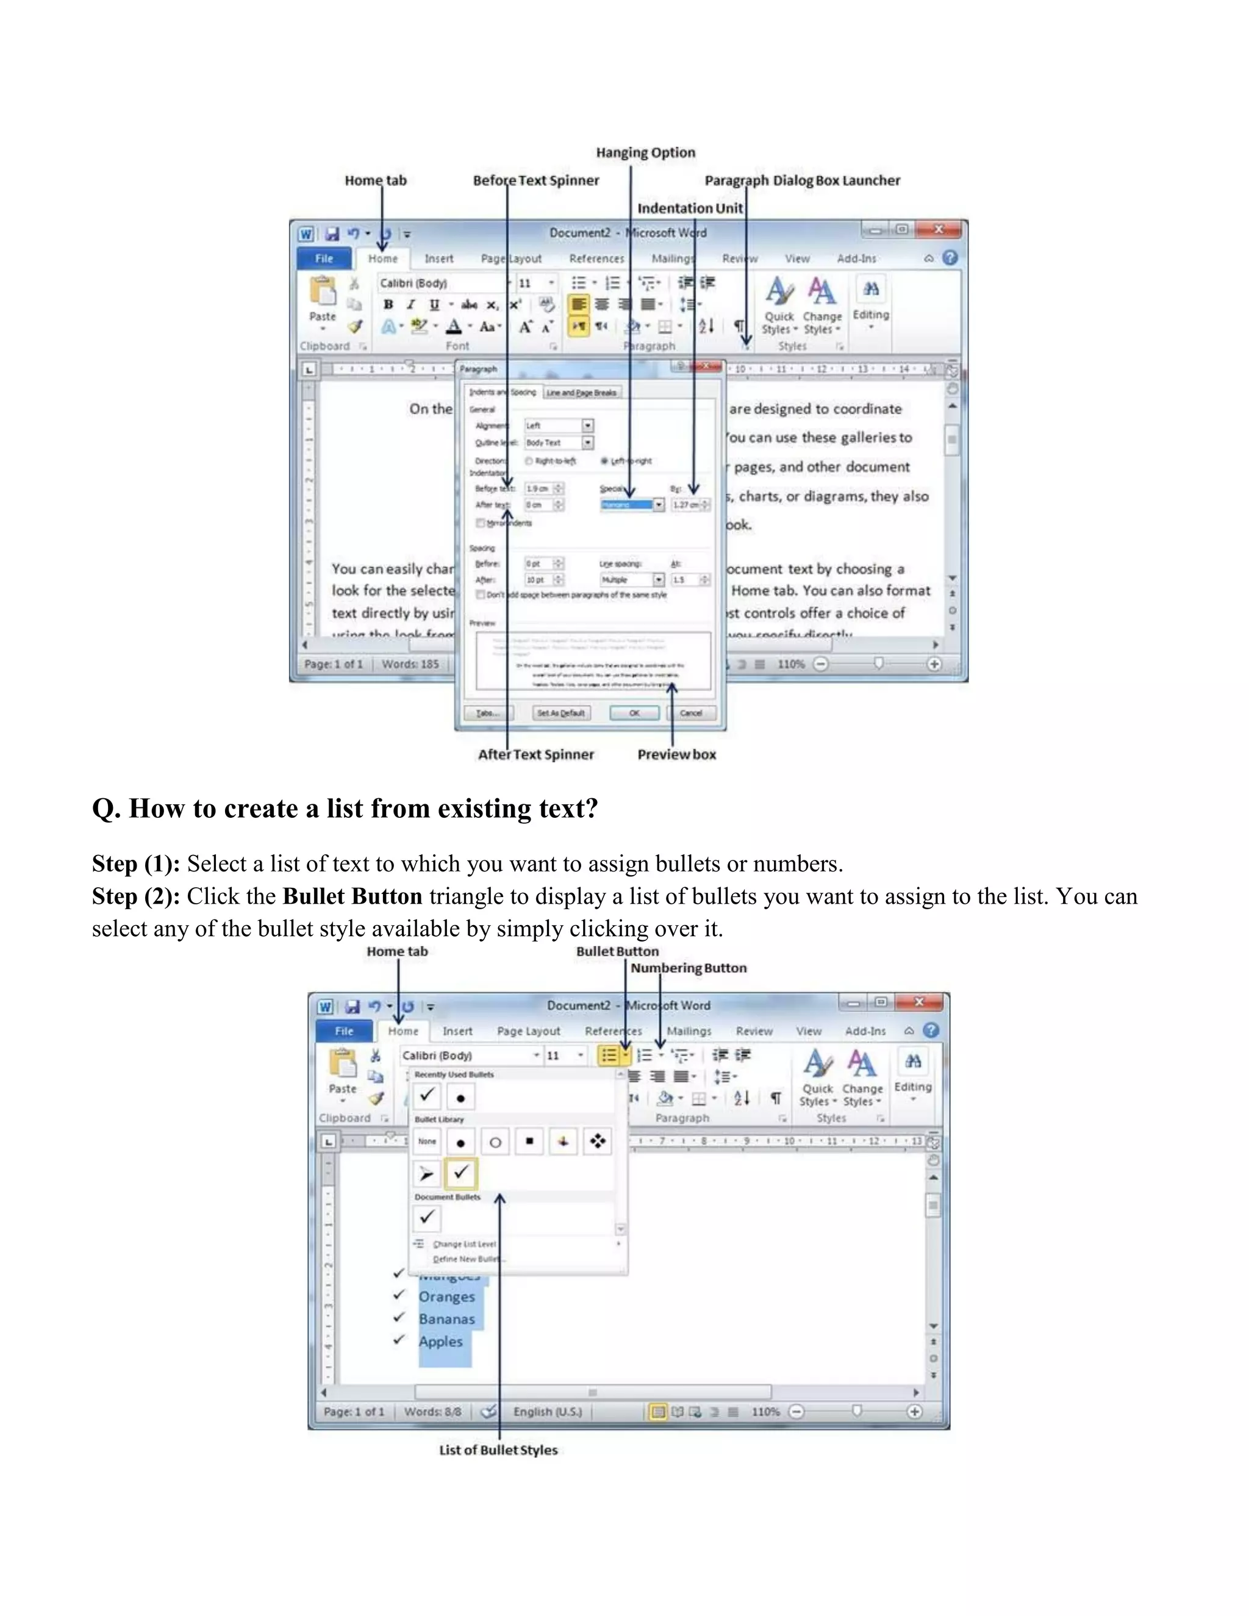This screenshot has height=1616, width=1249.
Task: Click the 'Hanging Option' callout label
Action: coord(645,152)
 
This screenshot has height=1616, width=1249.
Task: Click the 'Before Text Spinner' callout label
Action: coord(535,181)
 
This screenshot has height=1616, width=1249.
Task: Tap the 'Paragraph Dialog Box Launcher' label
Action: coord(802,181)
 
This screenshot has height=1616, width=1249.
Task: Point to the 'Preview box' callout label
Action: coord(676,755)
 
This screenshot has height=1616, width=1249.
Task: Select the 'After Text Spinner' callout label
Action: coord(535,755)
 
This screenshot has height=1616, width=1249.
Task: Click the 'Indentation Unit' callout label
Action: coord(690,209)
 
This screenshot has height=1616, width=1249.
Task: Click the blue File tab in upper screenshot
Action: coord(324,258)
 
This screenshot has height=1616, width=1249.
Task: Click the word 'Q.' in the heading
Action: coord(106,809)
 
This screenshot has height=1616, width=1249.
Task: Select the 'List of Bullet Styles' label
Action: coord(498,1450)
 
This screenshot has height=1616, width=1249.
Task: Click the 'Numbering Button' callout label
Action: coord(688,968)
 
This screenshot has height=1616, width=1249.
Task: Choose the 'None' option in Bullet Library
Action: coord(427,1142)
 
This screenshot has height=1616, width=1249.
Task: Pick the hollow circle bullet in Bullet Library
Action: coord(495,1142)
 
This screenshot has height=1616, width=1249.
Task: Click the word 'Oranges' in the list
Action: coord(446,1297)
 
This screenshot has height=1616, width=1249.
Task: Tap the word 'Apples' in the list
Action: coord(440,1342)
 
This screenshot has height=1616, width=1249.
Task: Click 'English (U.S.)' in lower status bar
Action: coord(548,1412)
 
